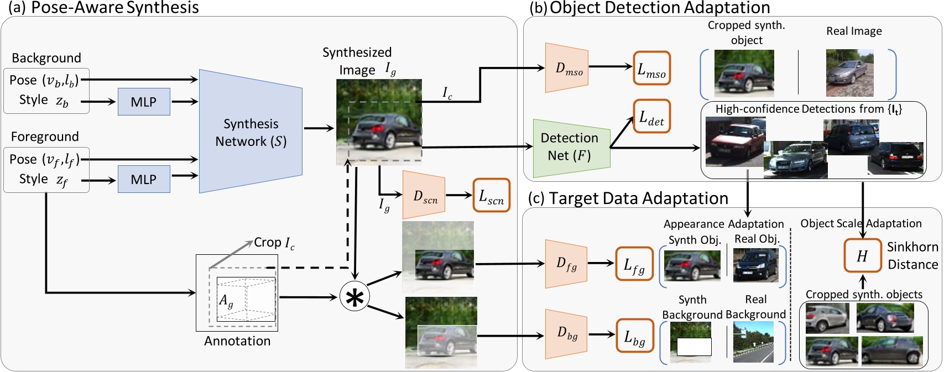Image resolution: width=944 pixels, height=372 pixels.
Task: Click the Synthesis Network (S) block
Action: (251, 132)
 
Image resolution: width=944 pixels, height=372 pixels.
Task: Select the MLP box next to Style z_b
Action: (144, 102)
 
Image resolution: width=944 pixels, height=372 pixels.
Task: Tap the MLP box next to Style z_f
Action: (144, 179)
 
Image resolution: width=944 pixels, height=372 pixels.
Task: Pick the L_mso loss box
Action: (651, 69)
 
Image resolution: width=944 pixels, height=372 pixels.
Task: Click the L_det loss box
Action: (651, 116)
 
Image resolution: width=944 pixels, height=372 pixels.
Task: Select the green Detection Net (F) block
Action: (570, 147)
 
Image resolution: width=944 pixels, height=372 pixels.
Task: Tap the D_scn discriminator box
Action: (425, 196)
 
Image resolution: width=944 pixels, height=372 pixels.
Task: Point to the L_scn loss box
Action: (491, 195)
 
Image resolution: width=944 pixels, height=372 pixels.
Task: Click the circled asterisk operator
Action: (354, 296)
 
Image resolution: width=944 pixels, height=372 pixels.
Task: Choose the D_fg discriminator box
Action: (566, 264)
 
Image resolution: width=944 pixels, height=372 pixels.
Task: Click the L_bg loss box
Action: (634, 336)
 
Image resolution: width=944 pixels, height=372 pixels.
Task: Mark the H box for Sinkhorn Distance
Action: (862, 255)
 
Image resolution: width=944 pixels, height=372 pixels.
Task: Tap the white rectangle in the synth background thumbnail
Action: (693, 347)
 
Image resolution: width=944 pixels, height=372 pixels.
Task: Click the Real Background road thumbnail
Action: (753, 342)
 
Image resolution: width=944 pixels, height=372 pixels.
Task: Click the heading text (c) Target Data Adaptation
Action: (628, 198)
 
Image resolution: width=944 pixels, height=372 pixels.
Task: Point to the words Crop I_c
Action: (274, 243)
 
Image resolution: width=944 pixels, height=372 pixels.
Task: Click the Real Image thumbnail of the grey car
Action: (849, 72)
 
